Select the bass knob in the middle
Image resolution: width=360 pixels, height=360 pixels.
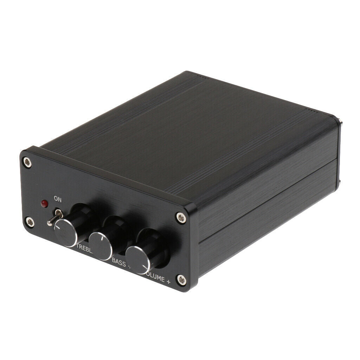pos(101,245)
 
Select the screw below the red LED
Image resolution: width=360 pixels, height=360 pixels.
pos(30,222)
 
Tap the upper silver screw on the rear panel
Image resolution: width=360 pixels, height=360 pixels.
pos(341,124)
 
